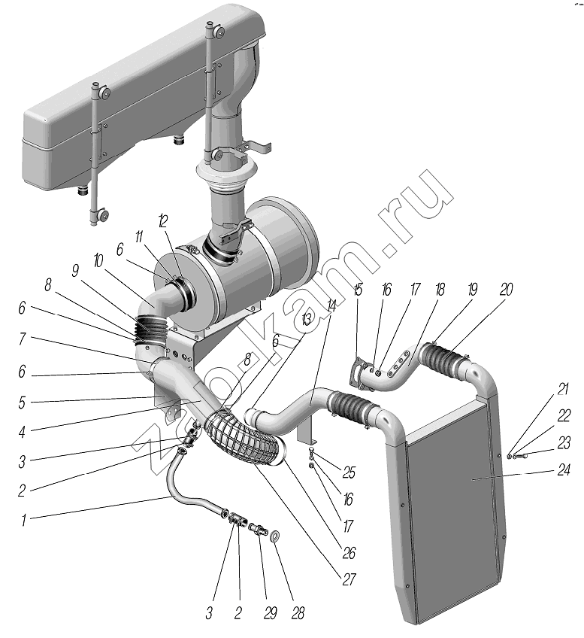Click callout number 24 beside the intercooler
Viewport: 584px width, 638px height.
pos(562,472)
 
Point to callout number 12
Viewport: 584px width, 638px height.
pos(162,220)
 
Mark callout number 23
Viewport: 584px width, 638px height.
pos(563,443)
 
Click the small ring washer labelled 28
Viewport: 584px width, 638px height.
pos(276,536)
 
